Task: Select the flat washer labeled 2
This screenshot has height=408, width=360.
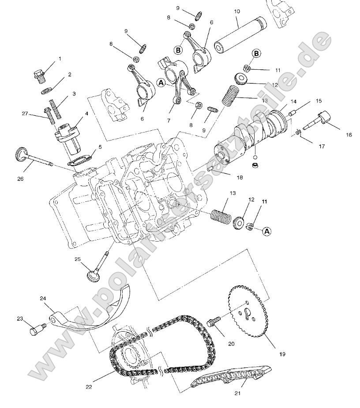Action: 46,91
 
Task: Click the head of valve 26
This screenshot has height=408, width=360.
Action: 21,153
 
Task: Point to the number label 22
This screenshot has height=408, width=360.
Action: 89,387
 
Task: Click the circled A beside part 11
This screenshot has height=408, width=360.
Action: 267,231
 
